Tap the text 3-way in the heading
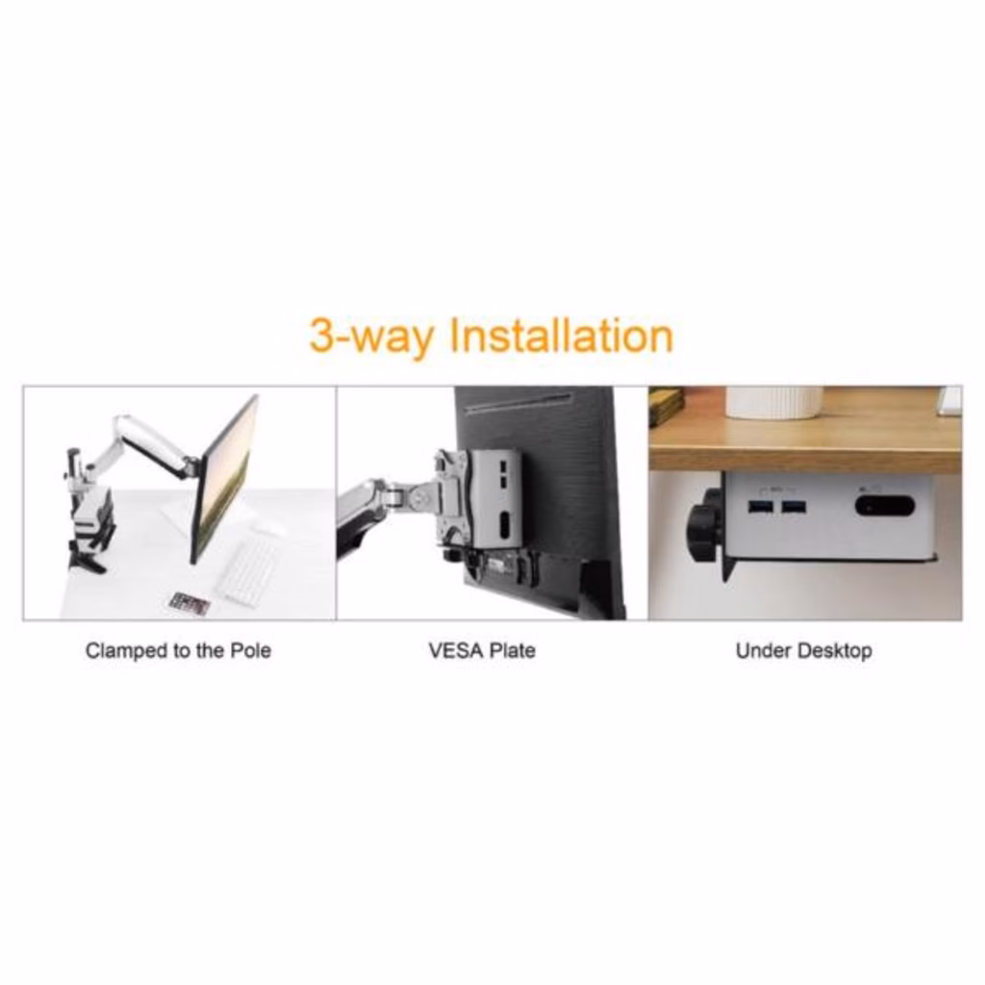(372, 338)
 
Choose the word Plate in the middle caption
(513, 650)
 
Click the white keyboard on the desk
(247, 573)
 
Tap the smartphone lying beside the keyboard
(189, 604)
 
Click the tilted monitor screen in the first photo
(224, 479)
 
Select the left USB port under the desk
(760, 507)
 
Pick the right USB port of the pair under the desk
(794, 507)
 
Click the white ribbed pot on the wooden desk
(774, 402)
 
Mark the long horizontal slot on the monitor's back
(518, 403)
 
